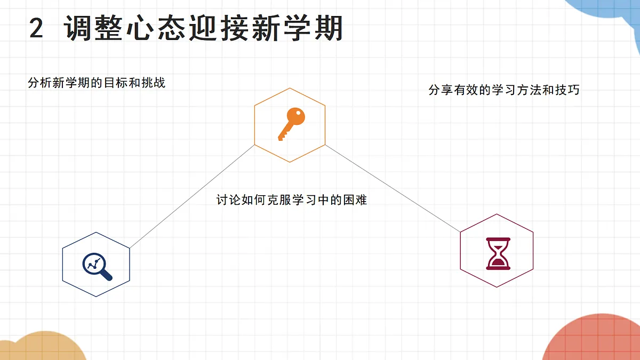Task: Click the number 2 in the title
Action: (x=36, y=28)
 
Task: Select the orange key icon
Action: (x=291, y=124)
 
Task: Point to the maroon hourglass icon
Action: (x=498, y=254)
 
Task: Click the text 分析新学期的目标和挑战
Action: (x=97, y=83)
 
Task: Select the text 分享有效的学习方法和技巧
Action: (x=504, y=90)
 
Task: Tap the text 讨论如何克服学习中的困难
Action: (x=291, y=199)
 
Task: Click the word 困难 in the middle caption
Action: (x=355, y=199)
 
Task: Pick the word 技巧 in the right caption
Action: (x=567, y=90)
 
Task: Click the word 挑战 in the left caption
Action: (x=154, y=83)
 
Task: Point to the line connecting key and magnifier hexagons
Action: (x=192, y=196)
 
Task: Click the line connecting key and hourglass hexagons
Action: (x=393, y=188)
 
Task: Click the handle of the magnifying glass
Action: (x=106, y=275)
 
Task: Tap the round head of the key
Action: (x=295, y=116)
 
